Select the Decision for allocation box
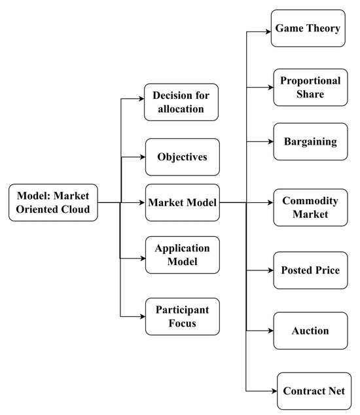pos(181,101)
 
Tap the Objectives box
pos(182,157)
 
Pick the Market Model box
pos(182,203)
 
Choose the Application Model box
pos(182,255)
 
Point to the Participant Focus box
pos(182,317)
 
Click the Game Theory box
pos(308,28)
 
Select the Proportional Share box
pos(310,87)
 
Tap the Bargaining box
pos(310,141)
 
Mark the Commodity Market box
pos(310,207)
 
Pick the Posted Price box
pos(310,270)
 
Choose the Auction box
pos(310,331)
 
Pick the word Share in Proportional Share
pos(310,94)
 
